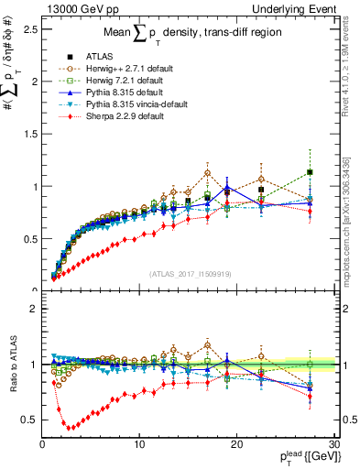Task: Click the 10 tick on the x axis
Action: click(139, 444)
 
